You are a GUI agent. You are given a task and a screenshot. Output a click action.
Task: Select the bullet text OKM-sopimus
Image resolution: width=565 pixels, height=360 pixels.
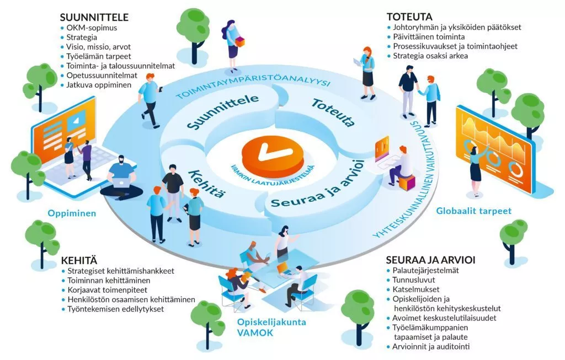pyautogui.click(x=91, y=27)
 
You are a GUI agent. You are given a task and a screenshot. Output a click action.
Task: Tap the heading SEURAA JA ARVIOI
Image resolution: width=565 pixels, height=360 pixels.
pyautogui.click(x=431, y=259)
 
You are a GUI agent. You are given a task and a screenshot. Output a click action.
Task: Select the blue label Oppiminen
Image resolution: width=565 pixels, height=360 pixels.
pyautogui.click(x=72, y=213)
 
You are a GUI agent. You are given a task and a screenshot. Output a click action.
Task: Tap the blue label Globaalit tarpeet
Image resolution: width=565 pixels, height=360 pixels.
pyautogui.click(x=473, y=211)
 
